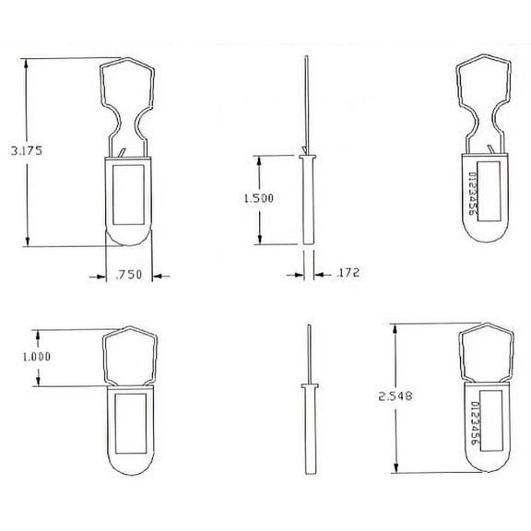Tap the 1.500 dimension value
coord(258,198)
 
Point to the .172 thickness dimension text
coord(348,273)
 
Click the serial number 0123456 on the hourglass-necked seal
coord(470,194)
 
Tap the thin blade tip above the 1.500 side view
coord(305,92)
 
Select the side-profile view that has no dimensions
coord(307,406)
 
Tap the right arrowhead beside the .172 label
coord(318,273)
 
